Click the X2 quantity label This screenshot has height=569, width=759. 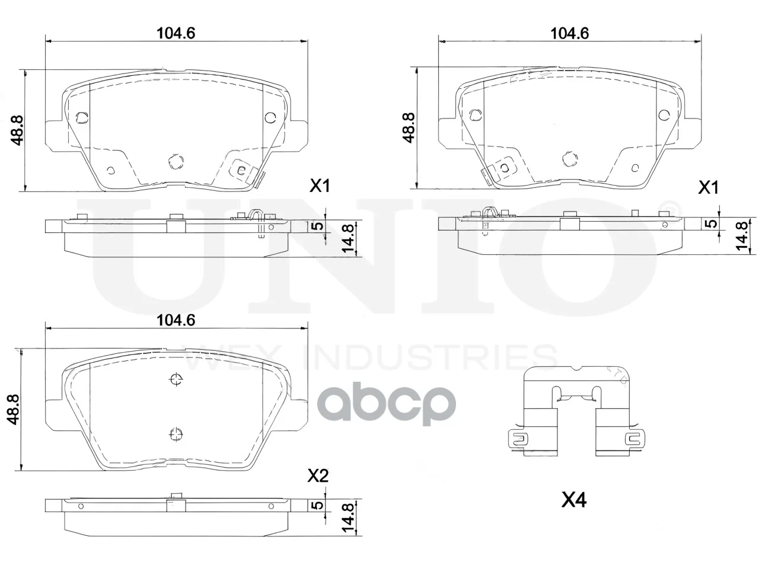pos(318,476)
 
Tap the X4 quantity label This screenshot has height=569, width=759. pos(573,500)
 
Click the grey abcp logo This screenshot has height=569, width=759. pos(386,404)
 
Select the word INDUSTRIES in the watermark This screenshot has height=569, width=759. pos(430,357)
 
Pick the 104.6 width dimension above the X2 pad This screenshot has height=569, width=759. pos(176,320)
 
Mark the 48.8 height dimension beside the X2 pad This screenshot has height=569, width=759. pos(14,410)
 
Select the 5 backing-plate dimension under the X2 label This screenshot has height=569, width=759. pos(317,505)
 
